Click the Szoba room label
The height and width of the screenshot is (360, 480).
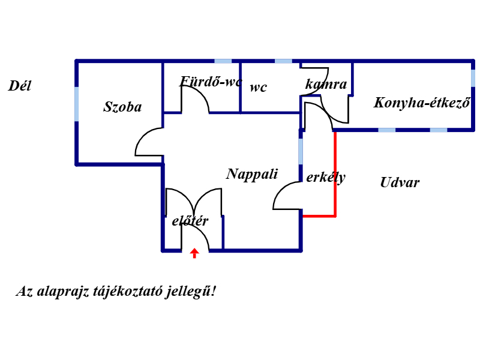pyautogui.click(x=122, y=107)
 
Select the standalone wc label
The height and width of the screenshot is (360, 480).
pyautogui.click(x=258, y=88)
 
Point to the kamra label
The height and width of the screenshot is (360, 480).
pyautogui.click(x=326, y=85)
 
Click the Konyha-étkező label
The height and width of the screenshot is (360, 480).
pyautogui.click(x=421, y=103)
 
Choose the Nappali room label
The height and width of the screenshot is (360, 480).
pyautogui.click(x=252, y=175)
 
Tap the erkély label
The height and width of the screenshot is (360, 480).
pyautogui.click(x=326, y=178)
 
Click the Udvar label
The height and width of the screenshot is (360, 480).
pyautogui.click(x=400, y=183)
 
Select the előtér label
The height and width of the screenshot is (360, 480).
pyautogui.click(x=190, y=221)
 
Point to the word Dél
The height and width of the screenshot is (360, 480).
pyautogui.click(x=19, y=86)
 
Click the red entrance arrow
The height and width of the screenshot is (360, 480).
pyautogui.click(x=194, y=253)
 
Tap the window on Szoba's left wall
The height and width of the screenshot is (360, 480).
pyautogui.click(x=77, y=104)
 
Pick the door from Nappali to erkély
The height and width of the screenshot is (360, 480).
pyautogui.click(x=287, y=196)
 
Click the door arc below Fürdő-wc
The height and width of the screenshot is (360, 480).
pyautogui.click(x=195, y=100)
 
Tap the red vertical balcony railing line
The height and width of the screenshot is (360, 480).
pyautogui.click(x=335, y=173)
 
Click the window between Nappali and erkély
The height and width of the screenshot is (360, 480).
pyautogui.click(x=301, y=151)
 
